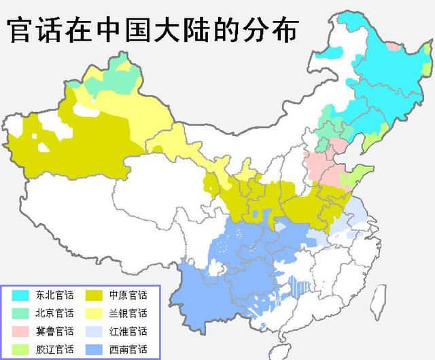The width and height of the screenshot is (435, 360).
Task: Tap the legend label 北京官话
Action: click(55, 313)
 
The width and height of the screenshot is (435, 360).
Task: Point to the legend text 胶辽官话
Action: click(55, 350)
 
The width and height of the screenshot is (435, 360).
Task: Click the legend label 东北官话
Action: click(55, 295)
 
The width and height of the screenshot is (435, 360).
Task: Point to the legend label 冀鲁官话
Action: click(55, 331)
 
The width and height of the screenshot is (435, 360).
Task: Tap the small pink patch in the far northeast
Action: click(393, 46)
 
